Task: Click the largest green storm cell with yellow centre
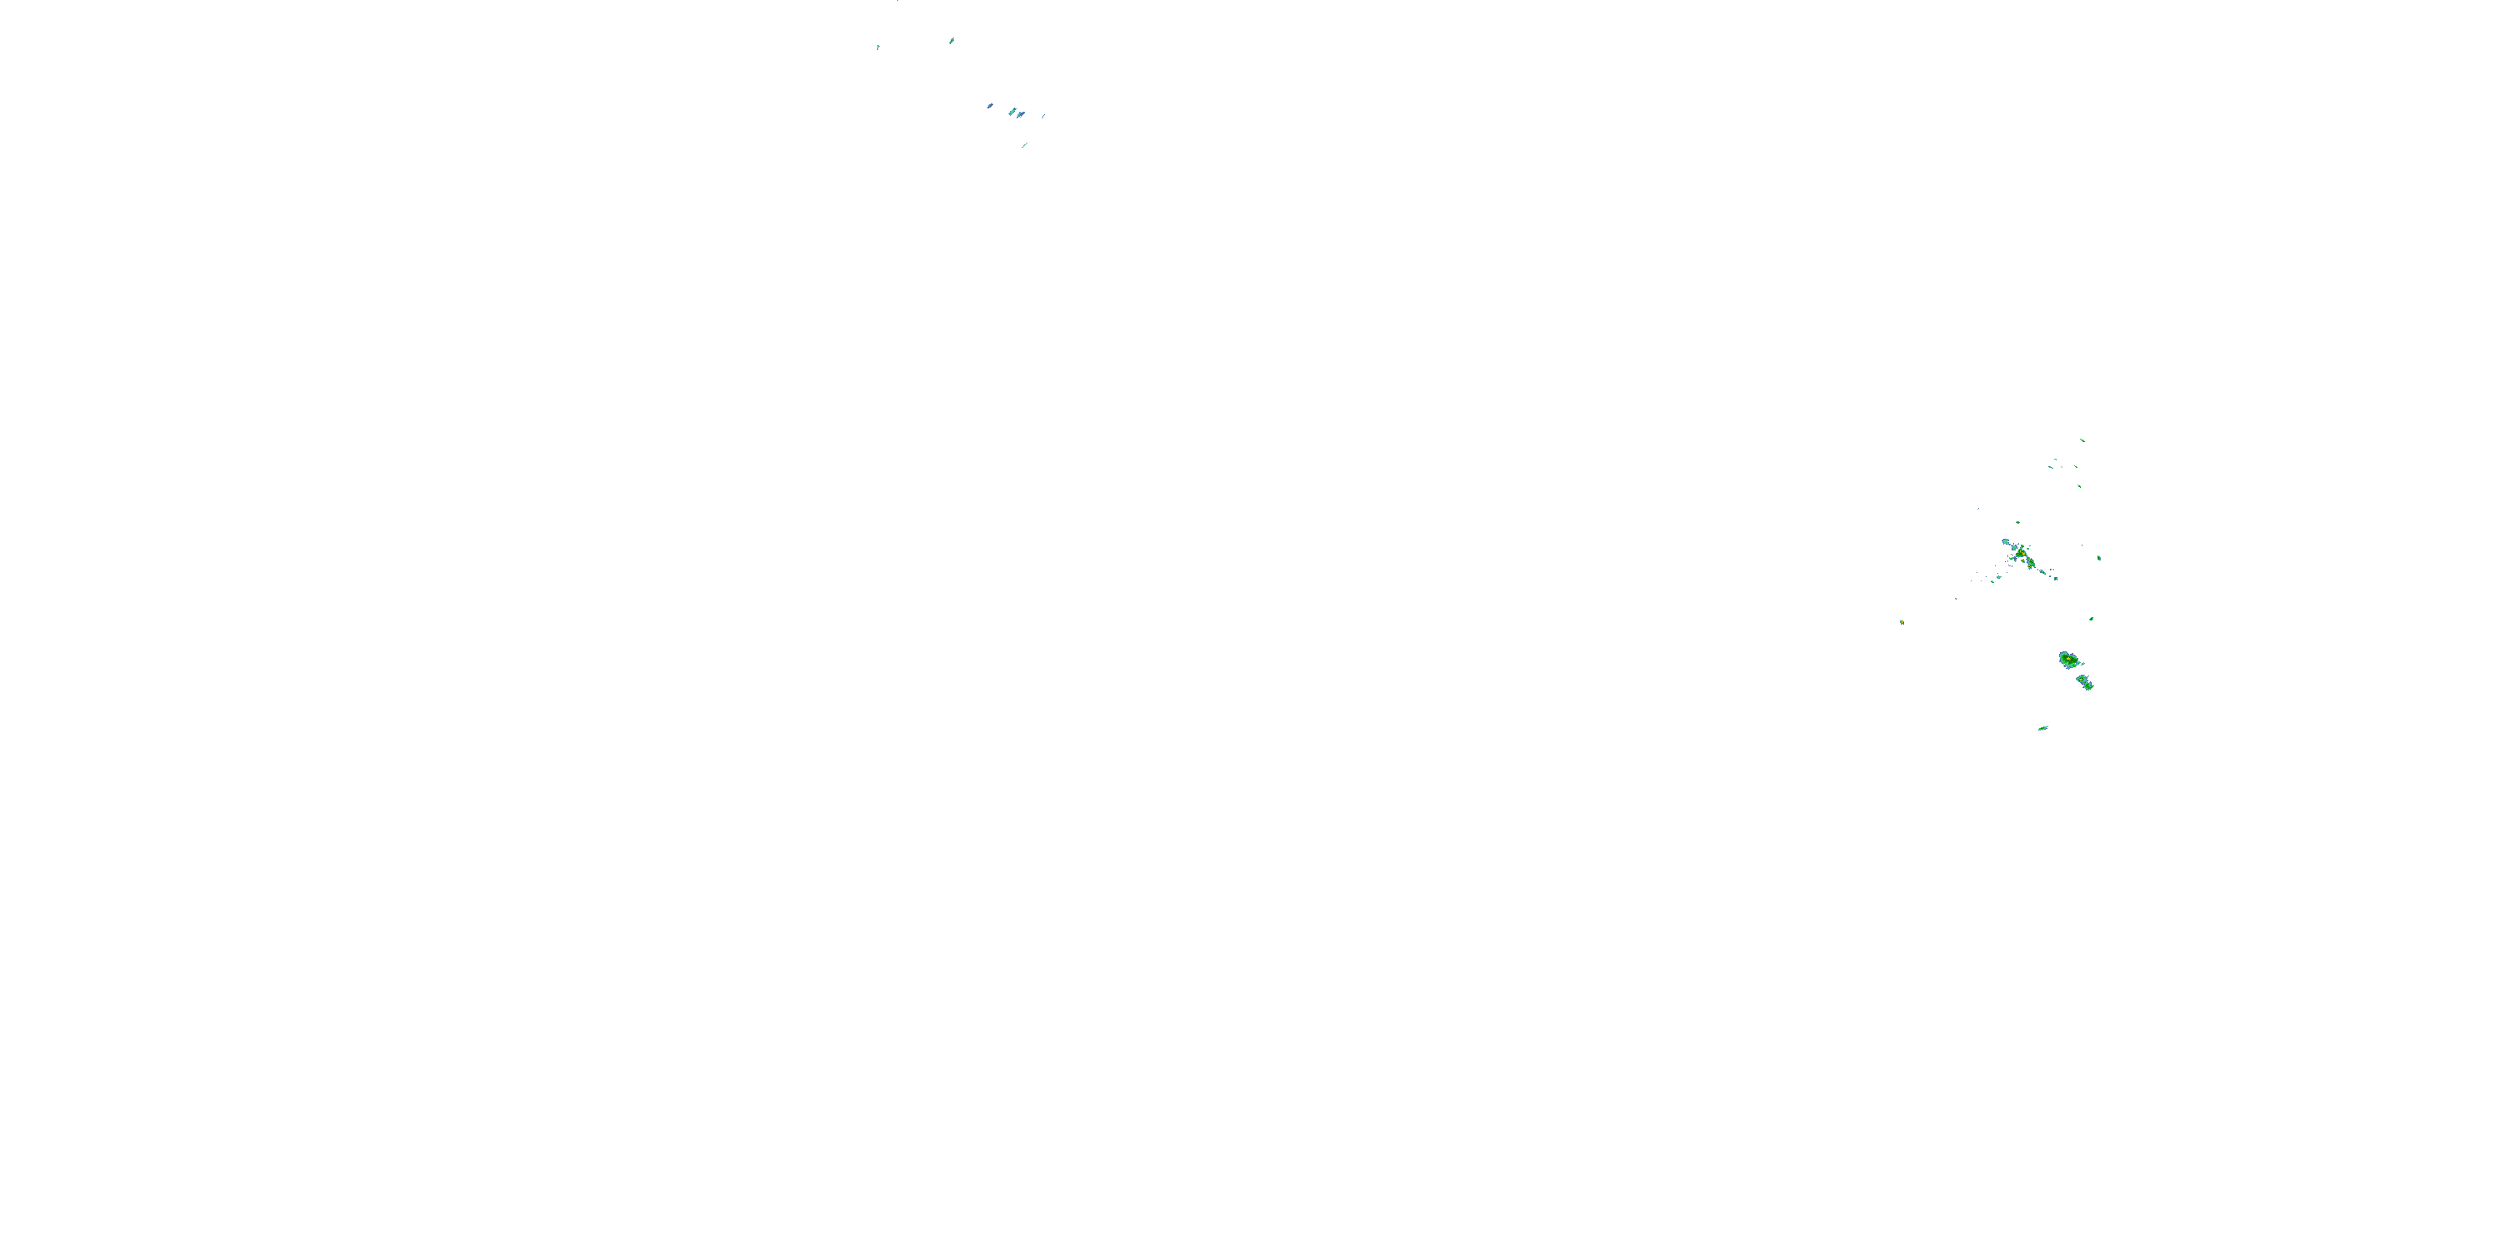[2069, 660]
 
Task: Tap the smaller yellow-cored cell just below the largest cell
[2084, 682]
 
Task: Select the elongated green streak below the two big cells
[2042, 727]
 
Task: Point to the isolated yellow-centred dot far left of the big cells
[1902, 621]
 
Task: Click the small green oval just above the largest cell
[2091, 619]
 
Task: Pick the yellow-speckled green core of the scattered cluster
[2023, 555]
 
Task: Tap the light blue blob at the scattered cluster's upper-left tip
[2006, 541]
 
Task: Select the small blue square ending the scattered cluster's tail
[2055, 579]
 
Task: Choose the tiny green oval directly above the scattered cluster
[2017, 523]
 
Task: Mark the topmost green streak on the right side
[2082, 440]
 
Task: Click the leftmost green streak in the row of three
[2049, 468]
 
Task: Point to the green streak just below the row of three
[2079, 485]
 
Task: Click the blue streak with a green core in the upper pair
[1012, 112]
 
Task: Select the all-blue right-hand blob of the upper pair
[1021, 114]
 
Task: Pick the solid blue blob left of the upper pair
[990, 106]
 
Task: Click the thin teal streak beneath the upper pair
[1023, 146]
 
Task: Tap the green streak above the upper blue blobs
[952, 41]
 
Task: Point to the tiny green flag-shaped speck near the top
[878, 47]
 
